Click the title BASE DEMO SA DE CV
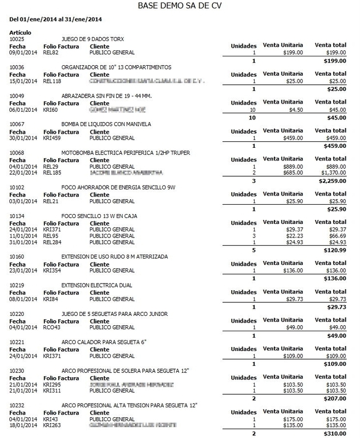(180, 6)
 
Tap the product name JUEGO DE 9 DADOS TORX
(94, 40)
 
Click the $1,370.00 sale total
(332, 172)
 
